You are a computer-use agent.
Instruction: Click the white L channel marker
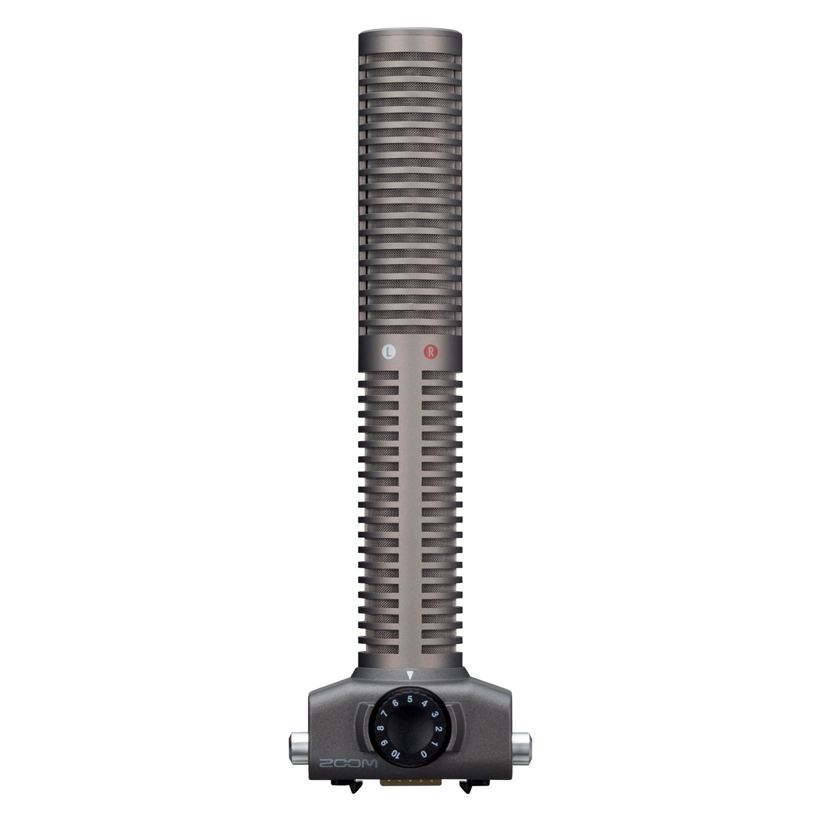389,352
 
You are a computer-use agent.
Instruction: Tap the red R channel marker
430,352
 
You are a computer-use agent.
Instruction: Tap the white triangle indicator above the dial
409,675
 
